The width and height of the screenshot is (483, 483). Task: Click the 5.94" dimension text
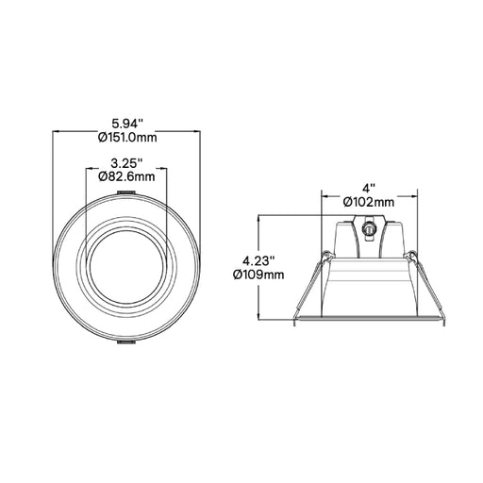pos(126,122)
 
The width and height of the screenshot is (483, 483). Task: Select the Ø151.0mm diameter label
pos(126,138)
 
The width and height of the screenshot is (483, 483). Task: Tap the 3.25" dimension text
pos(126,160)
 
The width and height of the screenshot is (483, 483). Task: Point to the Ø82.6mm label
pos(126,175)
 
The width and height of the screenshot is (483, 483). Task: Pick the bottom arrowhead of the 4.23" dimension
pos(260,319)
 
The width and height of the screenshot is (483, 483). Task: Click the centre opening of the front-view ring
pos(126,267)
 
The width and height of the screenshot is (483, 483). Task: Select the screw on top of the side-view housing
pos(368,227)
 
